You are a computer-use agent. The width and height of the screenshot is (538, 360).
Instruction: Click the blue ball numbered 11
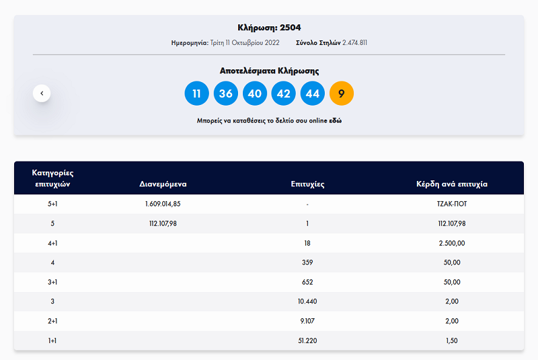click(196, 94)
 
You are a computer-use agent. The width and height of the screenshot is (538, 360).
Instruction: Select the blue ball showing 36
click(226, 94)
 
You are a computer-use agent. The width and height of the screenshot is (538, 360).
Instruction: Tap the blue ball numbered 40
click(255, 94)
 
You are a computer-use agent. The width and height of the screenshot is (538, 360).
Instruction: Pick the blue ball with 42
click(283, 94)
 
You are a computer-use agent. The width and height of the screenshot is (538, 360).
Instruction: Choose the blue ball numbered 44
click(313, 94)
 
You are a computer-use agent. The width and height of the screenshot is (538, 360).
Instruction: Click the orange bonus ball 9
click(342, 94)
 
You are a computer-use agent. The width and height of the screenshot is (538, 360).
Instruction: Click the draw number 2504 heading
click(269, 28)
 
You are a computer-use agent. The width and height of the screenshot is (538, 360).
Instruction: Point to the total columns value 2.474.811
click(355, 43)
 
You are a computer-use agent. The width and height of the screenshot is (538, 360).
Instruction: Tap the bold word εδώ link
click(335, 121)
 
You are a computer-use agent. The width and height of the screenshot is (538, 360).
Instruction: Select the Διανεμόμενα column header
click(163, 184)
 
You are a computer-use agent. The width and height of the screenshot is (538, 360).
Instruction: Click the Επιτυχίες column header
click(307, 184)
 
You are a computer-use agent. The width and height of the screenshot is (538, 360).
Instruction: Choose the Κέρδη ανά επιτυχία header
click(452, 184)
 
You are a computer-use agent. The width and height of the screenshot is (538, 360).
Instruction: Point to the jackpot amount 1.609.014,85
click(163, 204)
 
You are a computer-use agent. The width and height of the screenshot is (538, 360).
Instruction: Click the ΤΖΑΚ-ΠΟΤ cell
click(452, 204)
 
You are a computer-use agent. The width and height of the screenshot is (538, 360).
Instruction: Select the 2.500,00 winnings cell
click(452, 244)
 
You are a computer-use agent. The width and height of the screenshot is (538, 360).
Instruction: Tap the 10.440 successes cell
click(307, 301)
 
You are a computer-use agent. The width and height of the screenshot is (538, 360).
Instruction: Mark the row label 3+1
click(52, 282)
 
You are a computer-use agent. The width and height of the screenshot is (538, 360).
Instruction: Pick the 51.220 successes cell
click(307, 340)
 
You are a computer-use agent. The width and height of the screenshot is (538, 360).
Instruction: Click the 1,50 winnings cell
click(452, 340)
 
